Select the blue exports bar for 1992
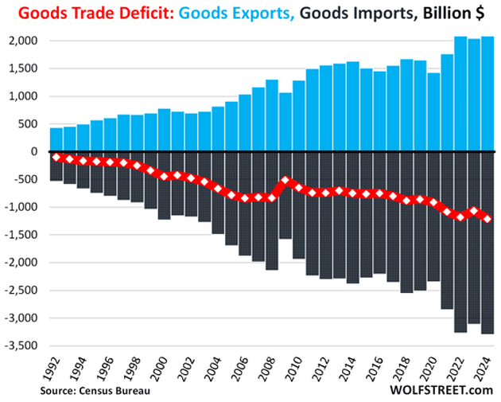(56, 139)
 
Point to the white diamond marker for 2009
(285, 181)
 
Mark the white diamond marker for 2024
(487, 219)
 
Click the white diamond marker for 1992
(56, 157)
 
